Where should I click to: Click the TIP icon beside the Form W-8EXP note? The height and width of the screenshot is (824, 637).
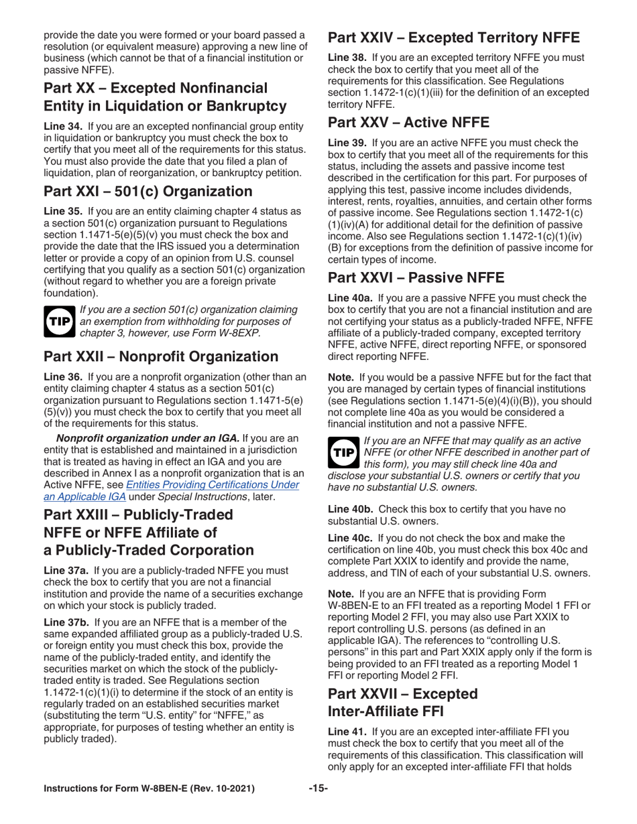click(x=58, y=321)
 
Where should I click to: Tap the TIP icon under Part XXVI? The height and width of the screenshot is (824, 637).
click(x=343, y=453)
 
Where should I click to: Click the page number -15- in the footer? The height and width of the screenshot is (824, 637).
click(x=318, y=788)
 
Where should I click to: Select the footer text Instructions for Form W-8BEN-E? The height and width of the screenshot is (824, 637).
click(x=149, y=788)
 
